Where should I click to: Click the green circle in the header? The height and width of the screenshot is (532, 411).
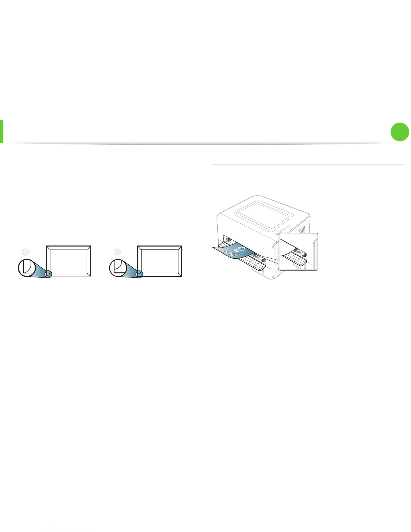click(400, 132)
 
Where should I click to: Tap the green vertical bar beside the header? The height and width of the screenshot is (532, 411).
click(2, 132)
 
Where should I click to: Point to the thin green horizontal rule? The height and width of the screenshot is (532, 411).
click(308, 165)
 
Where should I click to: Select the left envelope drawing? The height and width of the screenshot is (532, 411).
click(68, 261)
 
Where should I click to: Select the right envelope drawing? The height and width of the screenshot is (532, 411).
click(160, 261)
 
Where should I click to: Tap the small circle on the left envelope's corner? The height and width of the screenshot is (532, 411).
click(48, 274)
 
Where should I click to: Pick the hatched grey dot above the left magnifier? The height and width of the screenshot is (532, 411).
click(25, 252)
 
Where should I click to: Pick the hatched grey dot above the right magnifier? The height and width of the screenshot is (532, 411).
click(117, 252)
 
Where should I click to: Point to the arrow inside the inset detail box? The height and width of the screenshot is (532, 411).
click(298, 251)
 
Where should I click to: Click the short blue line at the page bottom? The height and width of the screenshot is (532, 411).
click(67, 529)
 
